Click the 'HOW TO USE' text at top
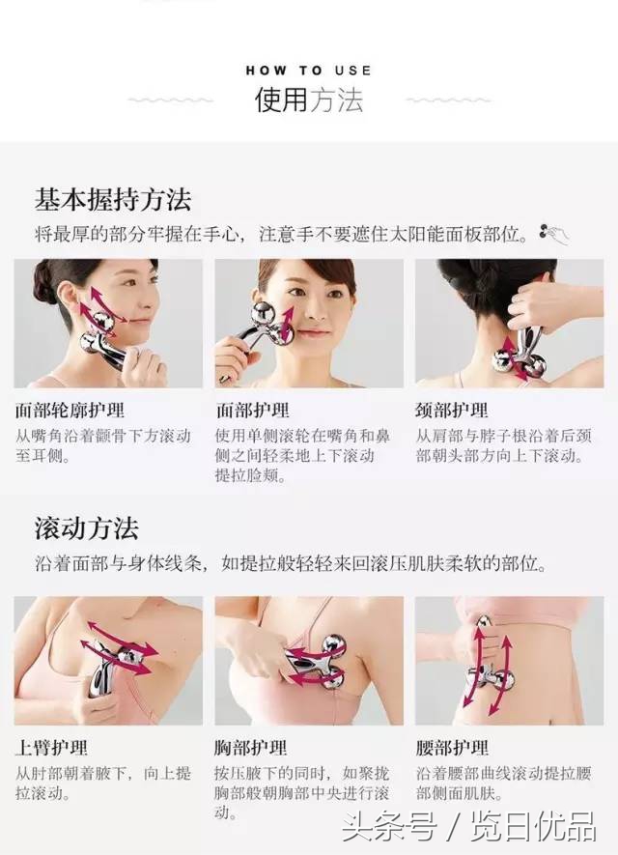click(308, 71)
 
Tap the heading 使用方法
click(308, 100)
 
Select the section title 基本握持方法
click(113, 200)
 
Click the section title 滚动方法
click(87, 528)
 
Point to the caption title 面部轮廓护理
click(70, 411)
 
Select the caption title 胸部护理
click(251, 748)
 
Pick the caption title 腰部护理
click(452, 748)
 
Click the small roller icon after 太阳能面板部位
click(554, 233)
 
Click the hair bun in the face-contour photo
click(44, 282)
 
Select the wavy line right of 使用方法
click(449, 100)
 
